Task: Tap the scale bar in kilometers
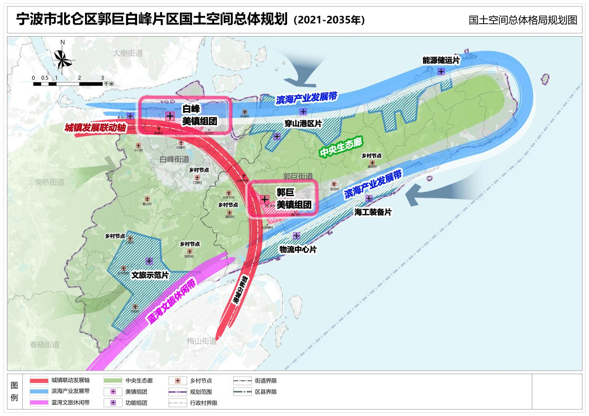[x=68, y=84]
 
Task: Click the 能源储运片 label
[x=441, y=60]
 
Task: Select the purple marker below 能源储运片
[x=441, y=72]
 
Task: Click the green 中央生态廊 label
[x=340, y=148]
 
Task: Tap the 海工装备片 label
[x=373, y=212]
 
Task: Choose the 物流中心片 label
[x=298, y=250]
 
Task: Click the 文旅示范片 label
[x=150, y=275]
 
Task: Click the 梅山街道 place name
[x=202, y=341]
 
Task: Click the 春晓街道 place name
[x=45, y=344]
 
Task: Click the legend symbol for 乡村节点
[x=177, y=381]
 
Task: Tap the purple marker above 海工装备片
[x=369, y=198]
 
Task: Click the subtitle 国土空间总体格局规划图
[x=523, y=20]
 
